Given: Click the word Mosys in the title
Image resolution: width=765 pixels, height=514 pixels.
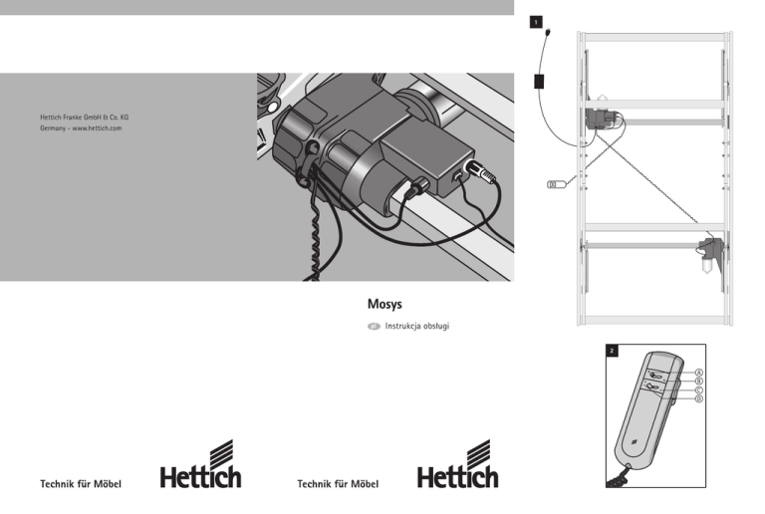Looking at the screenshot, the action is [x=384, y=304].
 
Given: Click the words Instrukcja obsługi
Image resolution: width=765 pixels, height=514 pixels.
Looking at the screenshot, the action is [x=417, y=326].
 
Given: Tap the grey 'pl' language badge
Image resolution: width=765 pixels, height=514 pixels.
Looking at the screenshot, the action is [x=374, y=327].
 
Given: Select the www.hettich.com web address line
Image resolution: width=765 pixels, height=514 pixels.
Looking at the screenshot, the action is [x=81, y=128].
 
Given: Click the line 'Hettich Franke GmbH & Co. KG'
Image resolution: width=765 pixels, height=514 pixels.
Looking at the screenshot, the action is [x=85, y=117].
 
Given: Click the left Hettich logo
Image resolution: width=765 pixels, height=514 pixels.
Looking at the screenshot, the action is [x=200, y=464].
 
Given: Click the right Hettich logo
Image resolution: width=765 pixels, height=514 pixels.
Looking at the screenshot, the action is [x=457, y=464].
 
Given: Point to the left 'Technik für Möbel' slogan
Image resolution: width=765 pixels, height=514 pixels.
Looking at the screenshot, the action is [x=81, y=484].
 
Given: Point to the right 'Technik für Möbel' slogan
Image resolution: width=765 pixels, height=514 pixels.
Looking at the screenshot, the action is [x=338, y=484].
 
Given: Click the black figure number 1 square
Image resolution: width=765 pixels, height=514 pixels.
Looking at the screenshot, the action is [x=536, y=22].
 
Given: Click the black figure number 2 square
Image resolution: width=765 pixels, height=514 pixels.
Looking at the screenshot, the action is [x=612, y=351].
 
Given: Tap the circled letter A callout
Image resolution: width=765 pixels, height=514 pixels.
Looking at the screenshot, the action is [x=698, y=373].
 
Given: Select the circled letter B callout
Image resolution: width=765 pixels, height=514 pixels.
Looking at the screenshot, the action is [x=698, y=382].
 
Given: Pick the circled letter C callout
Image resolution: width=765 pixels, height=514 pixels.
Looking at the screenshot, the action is [x=698, y=390].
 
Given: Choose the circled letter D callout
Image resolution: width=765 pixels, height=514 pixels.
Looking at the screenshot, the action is [x=698, y=398].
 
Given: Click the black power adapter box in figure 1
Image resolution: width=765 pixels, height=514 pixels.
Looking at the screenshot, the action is [x=539, y=82].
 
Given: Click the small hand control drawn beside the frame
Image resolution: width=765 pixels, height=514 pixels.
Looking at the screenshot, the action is [x=557, y=184].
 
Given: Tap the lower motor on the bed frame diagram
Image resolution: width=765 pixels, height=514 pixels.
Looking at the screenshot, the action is [x=710, y=253].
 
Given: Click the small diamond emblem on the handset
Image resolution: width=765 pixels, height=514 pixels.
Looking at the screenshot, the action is [x=633, y=443].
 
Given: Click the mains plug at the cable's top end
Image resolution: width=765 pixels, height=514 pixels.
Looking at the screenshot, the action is [x=549, y=33].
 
